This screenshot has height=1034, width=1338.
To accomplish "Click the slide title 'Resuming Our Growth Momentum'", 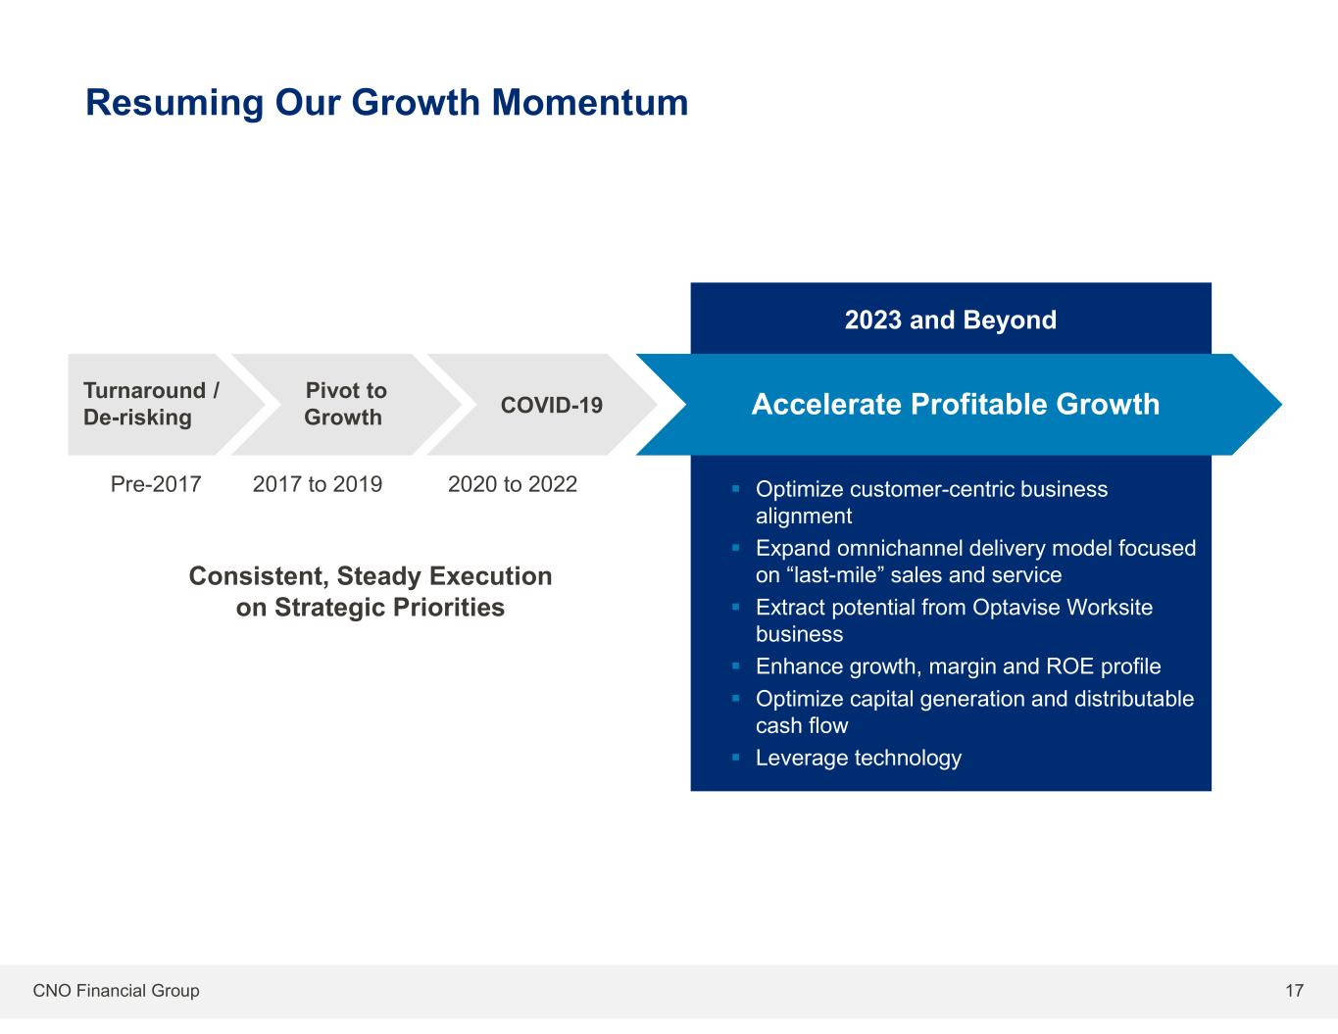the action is coord(386,103).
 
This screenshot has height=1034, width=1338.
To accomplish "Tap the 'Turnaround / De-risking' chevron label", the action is coord(151,404).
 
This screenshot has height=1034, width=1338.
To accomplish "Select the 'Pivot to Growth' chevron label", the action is coord(345,404).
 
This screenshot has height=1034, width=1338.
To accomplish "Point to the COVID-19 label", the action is coord(551,405).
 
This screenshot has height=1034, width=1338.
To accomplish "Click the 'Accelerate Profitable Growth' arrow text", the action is coord(955,405).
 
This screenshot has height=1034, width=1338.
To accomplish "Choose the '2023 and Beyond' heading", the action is coord(950,320).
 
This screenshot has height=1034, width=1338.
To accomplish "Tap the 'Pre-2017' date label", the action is coord(156,484).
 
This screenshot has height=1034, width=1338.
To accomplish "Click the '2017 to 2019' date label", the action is coord(318,484).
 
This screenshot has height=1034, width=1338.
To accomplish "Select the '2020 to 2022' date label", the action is coord(513,484).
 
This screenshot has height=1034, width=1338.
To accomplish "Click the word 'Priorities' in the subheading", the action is coord(449,608).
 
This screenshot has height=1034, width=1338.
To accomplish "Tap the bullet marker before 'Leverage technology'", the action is coord(735,757).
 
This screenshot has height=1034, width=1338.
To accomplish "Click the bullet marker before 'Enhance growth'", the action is coord(735,665).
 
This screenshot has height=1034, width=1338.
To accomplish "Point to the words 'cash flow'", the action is coord(802,725).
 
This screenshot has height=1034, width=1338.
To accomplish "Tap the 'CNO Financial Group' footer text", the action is coord(116,990).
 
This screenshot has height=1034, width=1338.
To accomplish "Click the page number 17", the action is coord(1294,990).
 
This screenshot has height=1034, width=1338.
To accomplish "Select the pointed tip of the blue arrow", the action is coord(1281,405).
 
